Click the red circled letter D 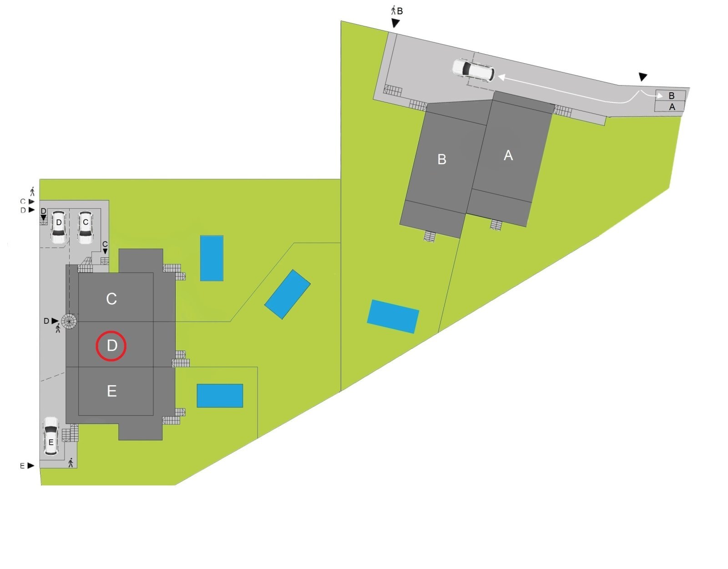pos(111,346)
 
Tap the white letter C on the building pos(111,299)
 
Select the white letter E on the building pos(111,391)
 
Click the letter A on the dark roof pos(508,156)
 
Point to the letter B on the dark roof pos(441,160)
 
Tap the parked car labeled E pos(51,437)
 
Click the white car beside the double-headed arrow pos(473,70)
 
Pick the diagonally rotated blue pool pos(288,294)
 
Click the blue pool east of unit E pos(220,395)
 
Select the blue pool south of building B pos(393,316)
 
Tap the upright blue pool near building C pos(212,258)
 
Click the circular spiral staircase pos(69,322)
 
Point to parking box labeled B pos(671,96)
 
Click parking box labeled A pos(671,107)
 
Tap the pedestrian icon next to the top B pos(394,10)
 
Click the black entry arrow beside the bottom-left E pos(30,465)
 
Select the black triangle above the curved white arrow pos(642,76)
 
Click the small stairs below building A pos(496,225)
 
